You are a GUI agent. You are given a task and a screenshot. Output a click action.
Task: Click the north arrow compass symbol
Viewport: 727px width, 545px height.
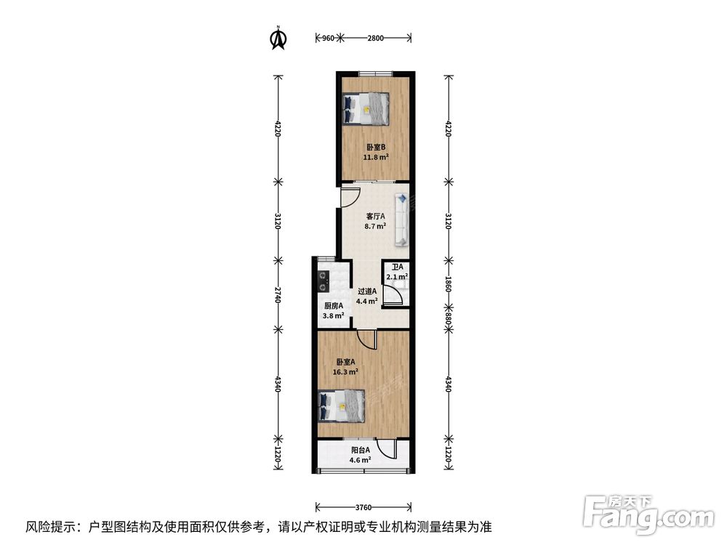pyautogui.click(x=278, y=39)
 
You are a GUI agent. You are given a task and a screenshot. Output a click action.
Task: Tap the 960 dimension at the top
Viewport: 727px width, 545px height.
pyautogui.click(x=328, y=38)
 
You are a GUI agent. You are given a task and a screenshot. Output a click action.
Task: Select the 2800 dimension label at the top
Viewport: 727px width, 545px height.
pyautogui.click(x=375, y=38)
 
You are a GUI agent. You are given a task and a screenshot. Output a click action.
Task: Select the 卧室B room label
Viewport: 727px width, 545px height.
pyautogui.click(x=376, y=146)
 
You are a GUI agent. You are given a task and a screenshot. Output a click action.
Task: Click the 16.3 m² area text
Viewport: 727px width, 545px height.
pyautogui.click(x=346, y=371)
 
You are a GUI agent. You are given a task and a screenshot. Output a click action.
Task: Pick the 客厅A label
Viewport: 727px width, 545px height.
pyautogui.click(x=375, y=217)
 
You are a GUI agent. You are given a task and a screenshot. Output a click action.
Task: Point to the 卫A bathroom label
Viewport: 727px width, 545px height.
pyautogui.click(x=396, y=267)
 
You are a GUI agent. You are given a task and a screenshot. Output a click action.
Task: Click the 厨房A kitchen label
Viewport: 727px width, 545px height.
pyautogui.click(x=333, y=306)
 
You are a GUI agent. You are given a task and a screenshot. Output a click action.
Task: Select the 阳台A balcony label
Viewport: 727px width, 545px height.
pyautogui.click(x=360, y=450)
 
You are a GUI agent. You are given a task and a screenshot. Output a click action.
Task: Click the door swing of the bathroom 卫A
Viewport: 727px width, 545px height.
pyautogui.click(x=393, y=294)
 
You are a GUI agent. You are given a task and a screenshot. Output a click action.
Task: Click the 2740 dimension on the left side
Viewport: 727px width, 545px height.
pyautogui.click(x=277, y=294)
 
